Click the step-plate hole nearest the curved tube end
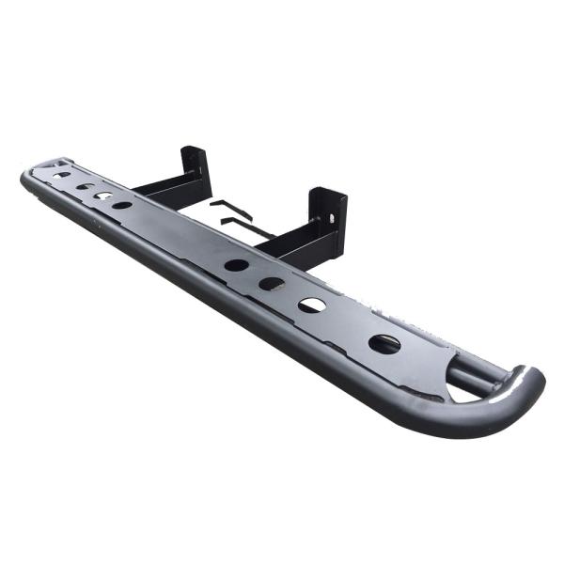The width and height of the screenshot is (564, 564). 384,344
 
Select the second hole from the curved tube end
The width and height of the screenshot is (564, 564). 312,305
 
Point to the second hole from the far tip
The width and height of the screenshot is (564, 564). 85,186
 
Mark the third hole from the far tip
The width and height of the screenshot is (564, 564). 102,196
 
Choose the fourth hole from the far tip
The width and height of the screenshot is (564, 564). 122,205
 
